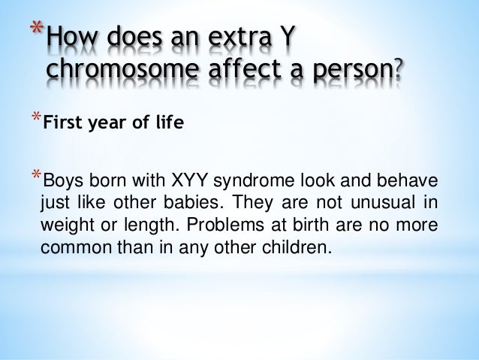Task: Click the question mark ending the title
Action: tap(396, 71)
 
